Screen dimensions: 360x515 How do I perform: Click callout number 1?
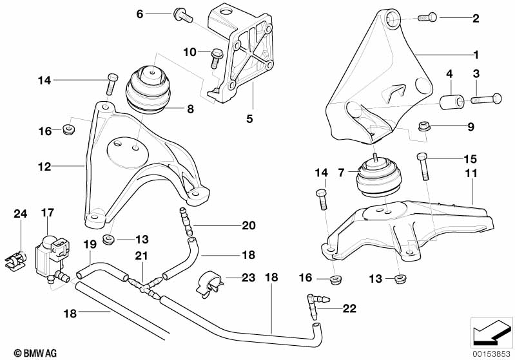pos(476,54)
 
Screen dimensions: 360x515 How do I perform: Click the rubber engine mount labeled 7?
pos(377,176)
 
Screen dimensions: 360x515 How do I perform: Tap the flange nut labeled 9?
pos(423,128)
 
